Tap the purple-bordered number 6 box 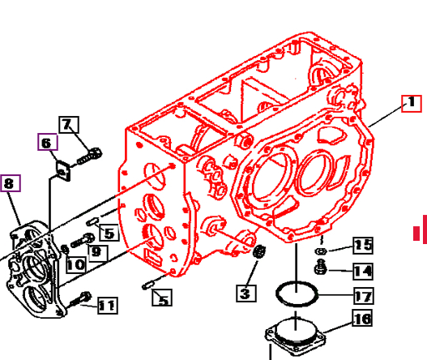pos(46,144)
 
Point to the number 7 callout pos(68,125)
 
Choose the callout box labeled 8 pos(10,183)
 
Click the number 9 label pos(96,251)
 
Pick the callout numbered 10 pos(75,264)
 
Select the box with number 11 pos(106,305)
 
